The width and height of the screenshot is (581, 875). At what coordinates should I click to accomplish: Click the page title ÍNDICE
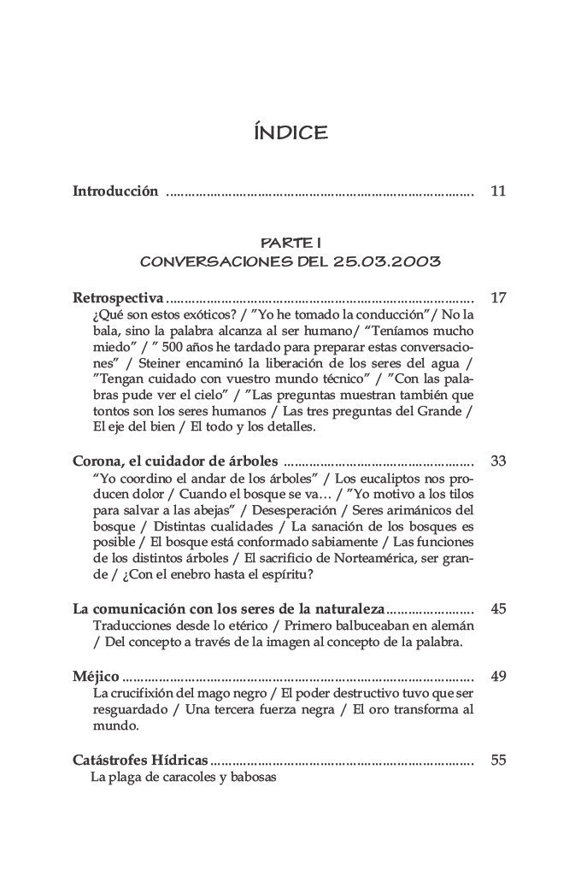[290, 132]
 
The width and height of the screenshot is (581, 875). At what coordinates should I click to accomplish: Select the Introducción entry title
[115, 191]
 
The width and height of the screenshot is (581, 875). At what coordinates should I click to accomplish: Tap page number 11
[499, 191]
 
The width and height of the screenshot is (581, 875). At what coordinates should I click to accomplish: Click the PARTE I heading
[290, 244]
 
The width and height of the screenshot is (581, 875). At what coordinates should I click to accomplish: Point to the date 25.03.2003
[392, 261]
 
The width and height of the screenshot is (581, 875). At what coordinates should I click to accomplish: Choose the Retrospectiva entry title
[118, 298]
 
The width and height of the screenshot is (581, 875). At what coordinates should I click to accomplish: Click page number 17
[499, 298]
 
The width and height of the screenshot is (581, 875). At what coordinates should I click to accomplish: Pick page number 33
[499, 461]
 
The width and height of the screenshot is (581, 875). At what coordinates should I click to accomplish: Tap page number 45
[499, 609]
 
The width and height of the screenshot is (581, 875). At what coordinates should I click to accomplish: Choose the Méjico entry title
[96, 677]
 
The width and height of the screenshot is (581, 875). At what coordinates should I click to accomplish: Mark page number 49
[499, 677]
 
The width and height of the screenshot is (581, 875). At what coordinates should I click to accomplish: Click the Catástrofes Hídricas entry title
[140, 760]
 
